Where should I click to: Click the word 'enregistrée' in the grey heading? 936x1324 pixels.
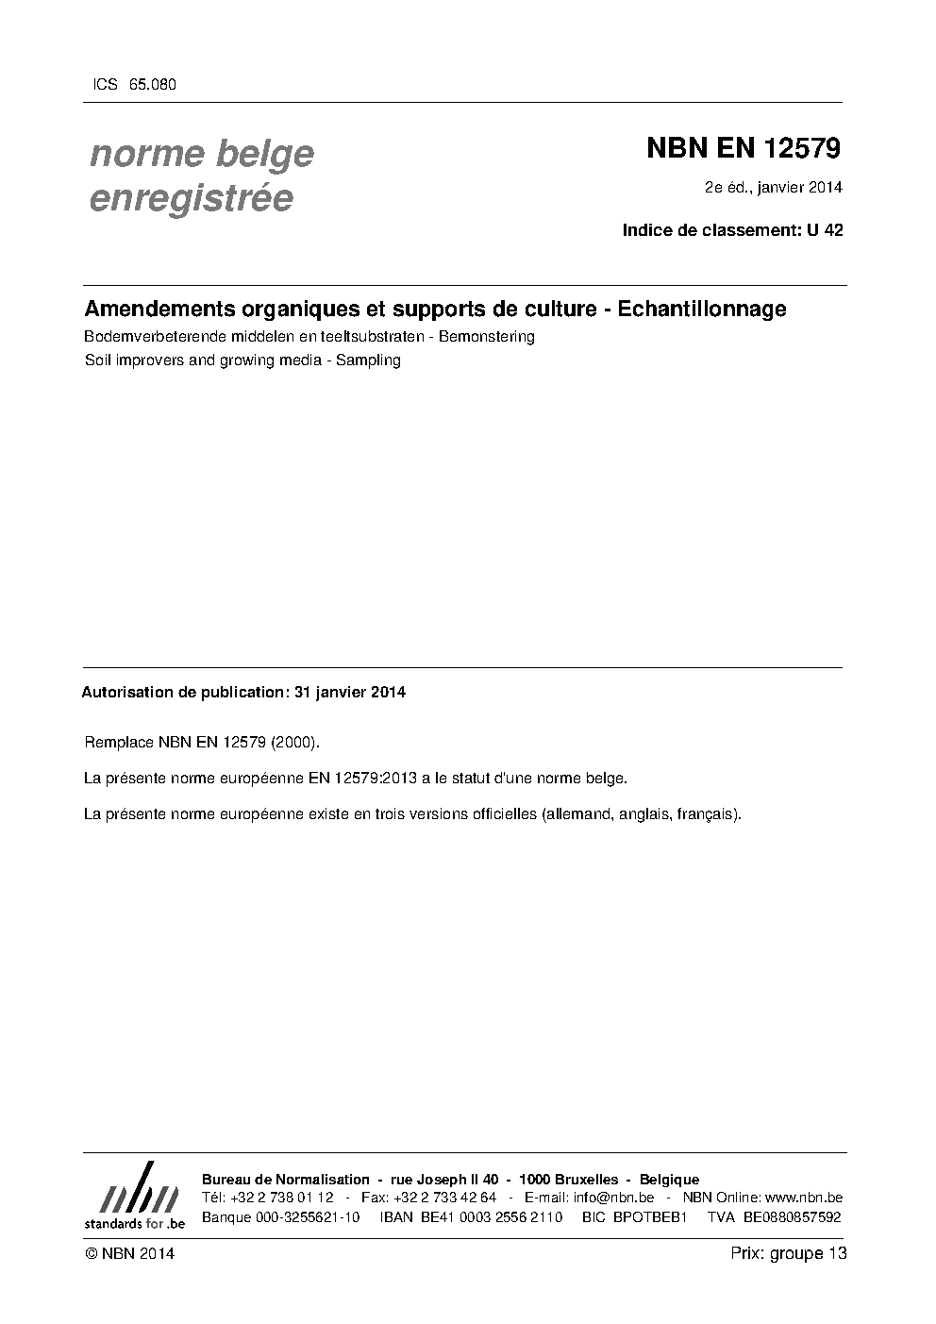click(191, 198)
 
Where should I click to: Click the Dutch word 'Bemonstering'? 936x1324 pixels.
click(487, 336)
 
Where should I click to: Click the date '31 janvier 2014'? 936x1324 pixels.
click(350, 692)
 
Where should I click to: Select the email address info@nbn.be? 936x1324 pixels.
click(613, 1198)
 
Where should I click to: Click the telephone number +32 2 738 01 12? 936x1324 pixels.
click(281, 1198)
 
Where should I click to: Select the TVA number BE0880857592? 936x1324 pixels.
click(792, 1217)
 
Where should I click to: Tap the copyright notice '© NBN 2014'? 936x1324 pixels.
click(129, 1253)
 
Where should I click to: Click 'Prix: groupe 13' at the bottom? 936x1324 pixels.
click(789, 1253)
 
